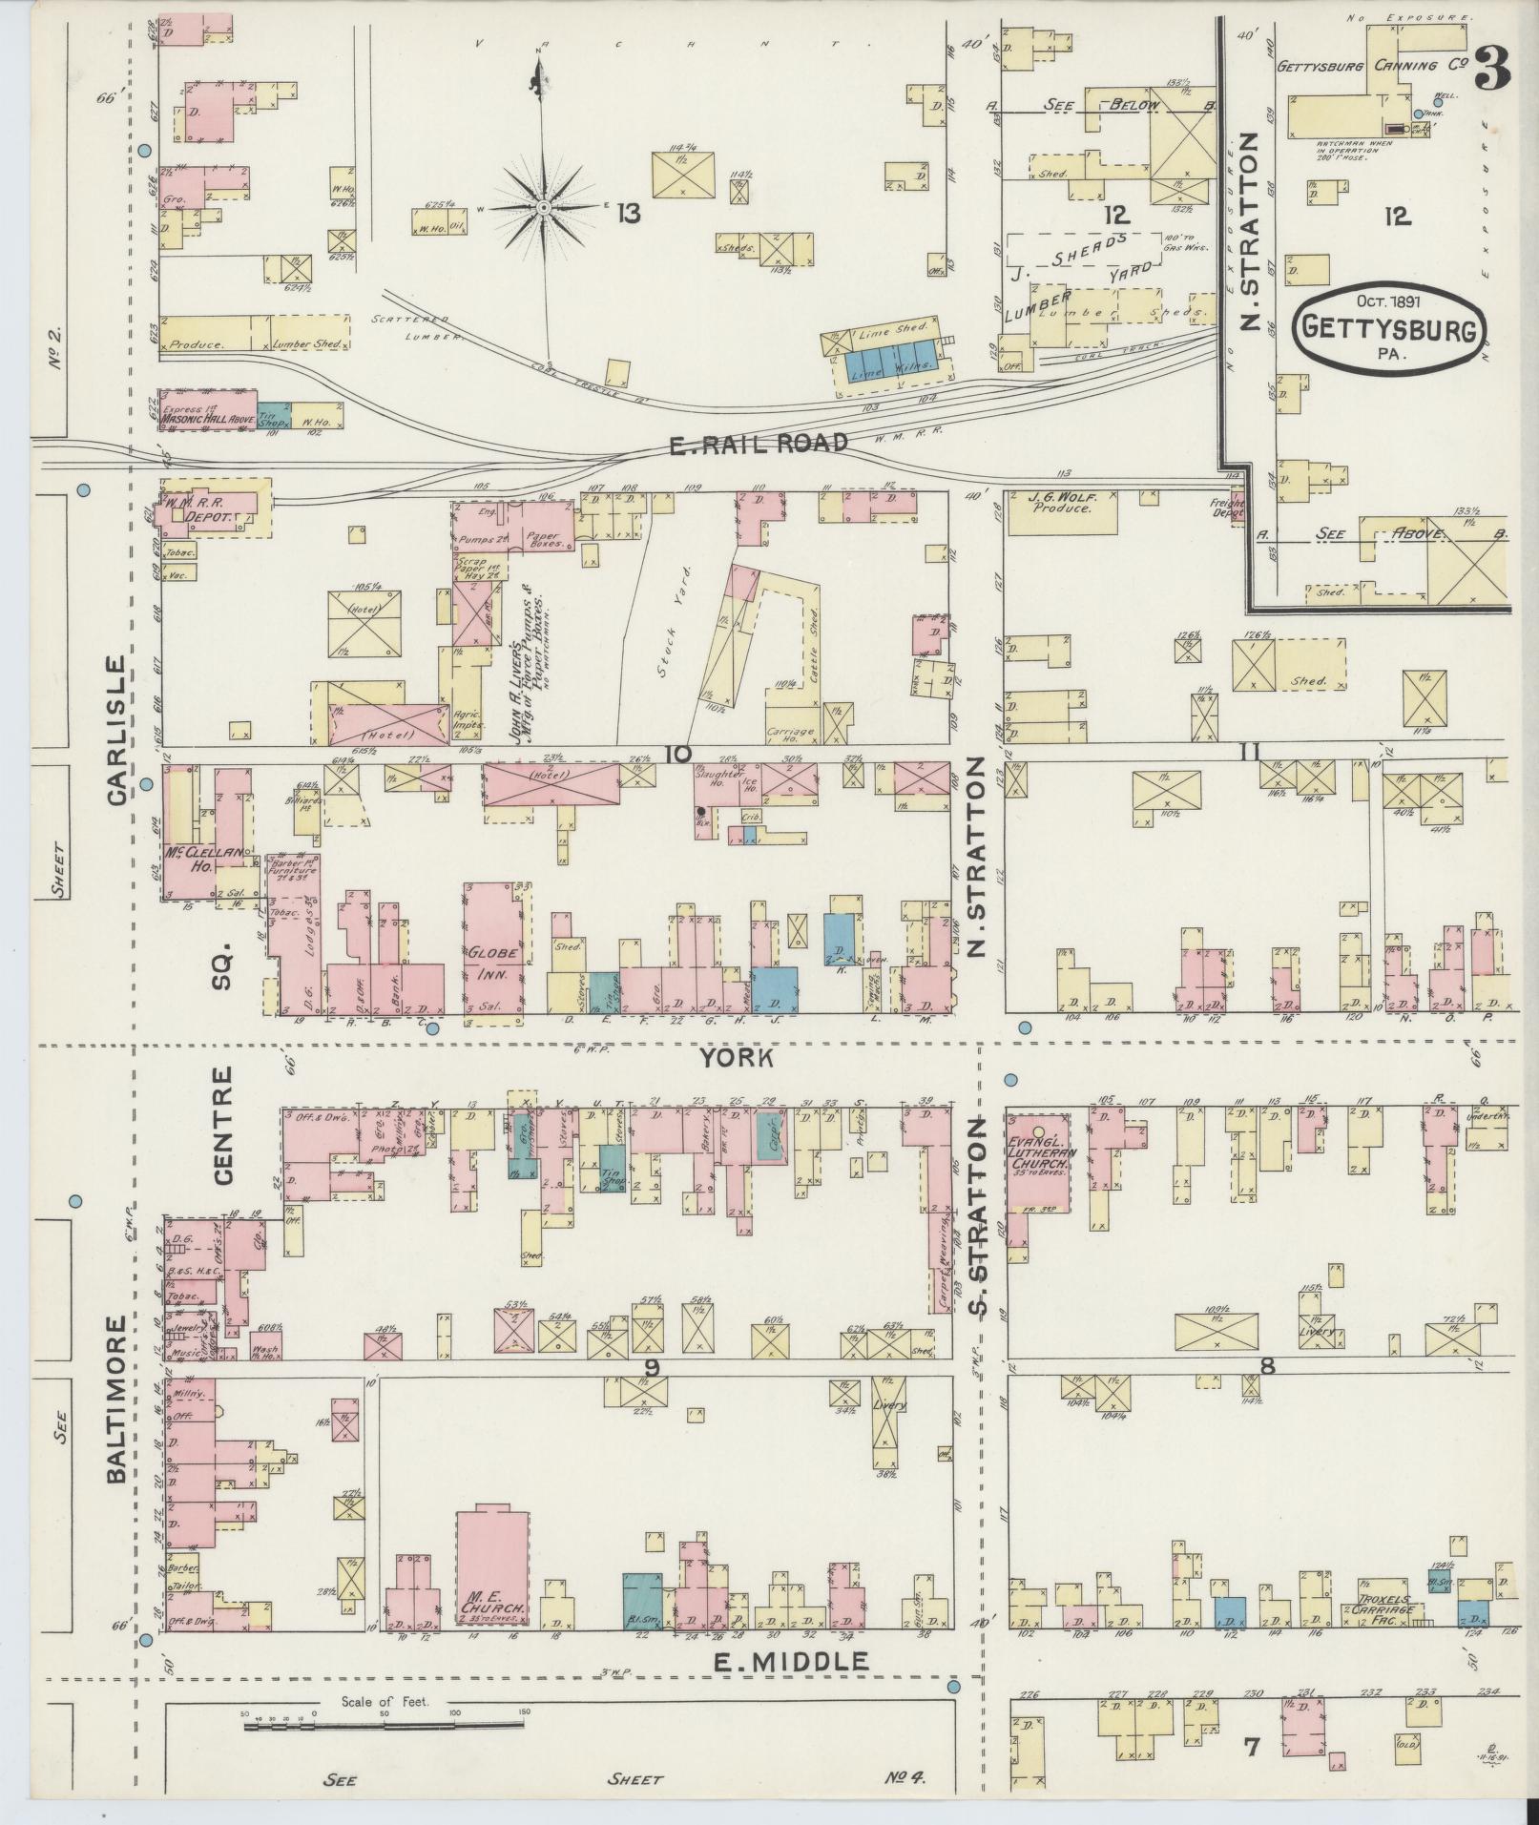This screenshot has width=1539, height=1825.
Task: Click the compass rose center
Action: [543, 206]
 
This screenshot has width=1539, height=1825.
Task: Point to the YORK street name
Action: [735, 1057]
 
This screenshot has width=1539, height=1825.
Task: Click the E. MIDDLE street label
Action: [791, 1661]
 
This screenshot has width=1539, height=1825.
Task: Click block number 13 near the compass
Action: [627, 213]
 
